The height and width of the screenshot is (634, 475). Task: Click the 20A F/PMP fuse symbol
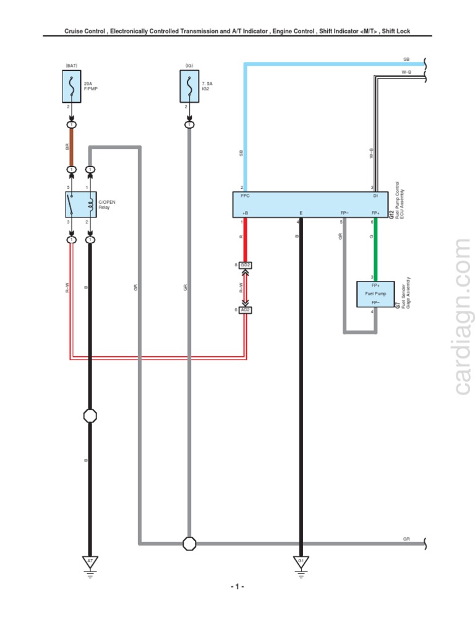point(72,86)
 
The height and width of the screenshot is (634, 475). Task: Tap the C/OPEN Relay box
point(80,204)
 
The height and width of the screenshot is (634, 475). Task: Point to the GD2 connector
point(246,265)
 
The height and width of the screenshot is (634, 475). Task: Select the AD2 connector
point(246,310)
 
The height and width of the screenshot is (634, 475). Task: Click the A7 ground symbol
point(90,562)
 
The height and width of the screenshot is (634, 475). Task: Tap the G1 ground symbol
point(301,562)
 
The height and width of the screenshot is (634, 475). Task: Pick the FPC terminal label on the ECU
point(245,196)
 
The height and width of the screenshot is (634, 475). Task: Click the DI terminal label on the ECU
point(375,196)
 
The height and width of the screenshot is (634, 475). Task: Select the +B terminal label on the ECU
point(245,213)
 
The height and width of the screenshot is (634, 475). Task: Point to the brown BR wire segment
point(72,147)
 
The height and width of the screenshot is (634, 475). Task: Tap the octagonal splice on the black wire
point(90,416)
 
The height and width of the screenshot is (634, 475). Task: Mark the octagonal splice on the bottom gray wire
point(189,544)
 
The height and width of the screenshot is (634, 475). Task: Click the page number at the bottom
point(238,586)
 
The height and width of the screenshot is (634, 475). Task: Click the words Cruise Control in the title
point(87,31)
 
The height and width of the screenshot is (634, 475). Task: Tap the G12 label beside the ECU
point(391,214)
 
